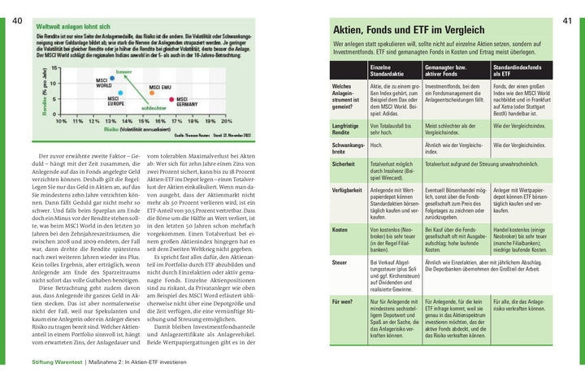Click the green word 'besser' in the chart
[x=123, y=72]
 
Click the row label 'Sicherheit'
[x=344, y=163]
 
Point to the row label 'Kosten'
[x=340, y=230]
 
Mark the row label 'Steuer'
[x=340, y=263]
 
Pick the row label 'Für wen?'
[x=343, y=301]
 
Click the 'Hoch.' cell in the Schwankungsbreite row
[x=377, y=145]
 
